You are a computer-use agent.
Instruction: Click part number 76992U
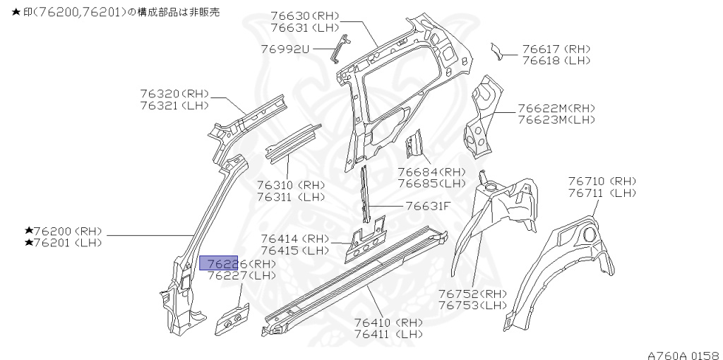pyautogui.click(x=285, y=49)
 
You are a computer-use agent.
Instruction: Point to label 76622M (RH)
pyautogui.click(x=556, y=109)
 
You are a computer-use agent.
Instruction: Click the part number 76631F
pyautogui.click(x=428, y=206)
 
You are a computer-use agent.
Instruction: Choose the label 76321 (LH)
pyautogui.click(x=174, y=105)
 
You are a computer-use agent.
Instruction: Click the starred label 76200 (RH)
pyautogui.click(x=64, y=232)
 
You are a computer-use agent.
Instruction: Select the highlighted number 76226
pyautogui.click(x=219, y=263)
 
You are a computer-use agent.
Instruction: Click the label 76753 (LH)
pyautogui.click(x=472, y=305)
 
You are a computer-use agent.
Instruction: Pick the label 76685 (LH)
pyautogui.click(x=431, y=183)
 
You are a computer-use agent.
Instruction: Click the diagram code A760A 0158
pyautogui.click(x=683, y=353)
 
